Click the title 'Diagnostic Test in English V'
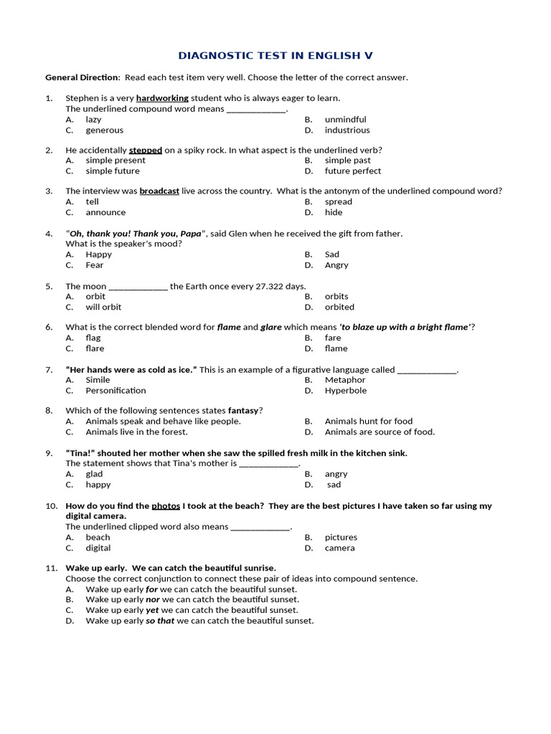[x=275, y=55]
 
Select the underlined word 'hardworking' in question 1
[x=162, y=98]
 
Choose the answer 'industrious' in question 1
[x=347, y=130]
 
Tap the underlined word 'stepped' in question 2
[x=146, y=151]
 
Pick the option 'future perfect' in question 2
[x=352, y=171]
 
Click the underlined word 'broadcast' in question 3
[x=159, y=191]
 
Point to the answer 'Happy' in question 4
[x=98, y=254]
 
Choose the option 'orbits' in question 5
[x=336, y=296]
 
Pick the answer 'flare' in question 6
[x=95, y=349]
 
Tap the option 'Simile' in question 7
[x=98, y=380]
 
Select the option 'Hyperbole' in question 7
[x=345, y=391]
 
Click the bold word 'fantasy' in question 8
[x=242, y=411]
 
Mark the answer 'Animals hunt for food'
[x=368, y=421]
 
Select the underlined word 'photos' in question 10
[x=166, y=506]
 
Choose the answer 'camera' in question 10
[x=339, y=548]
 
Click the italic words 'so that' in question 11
[x=161, y=621]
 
